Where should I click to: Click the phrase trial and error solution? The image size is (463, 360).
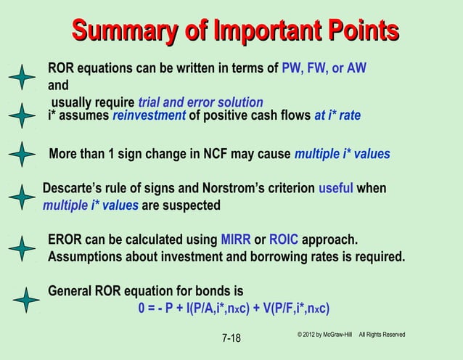(195, 102)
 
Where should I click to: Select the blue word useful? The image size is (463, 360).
(335, 189)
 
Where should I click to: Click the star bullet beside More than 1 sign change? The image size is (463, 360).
(24, 155)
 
